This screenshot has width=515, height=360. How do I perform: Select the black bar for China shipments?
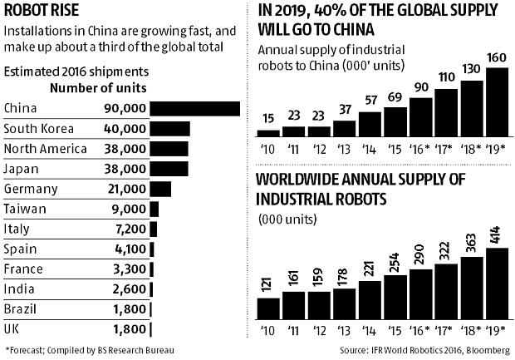196,108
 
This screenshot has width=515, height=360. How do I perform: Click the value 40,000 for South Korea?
127,129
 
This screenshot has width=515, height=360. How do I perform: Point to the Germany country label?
31,190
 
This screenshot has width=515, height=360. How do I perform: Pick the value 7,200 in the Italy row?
131,229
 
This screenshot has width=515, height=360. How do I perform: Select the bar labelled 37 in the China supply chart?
344,129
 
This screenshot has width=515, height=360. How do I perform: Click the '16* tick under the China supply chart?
419,149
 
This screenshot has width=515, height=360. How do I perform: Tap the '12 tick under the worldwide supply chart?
319,330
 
